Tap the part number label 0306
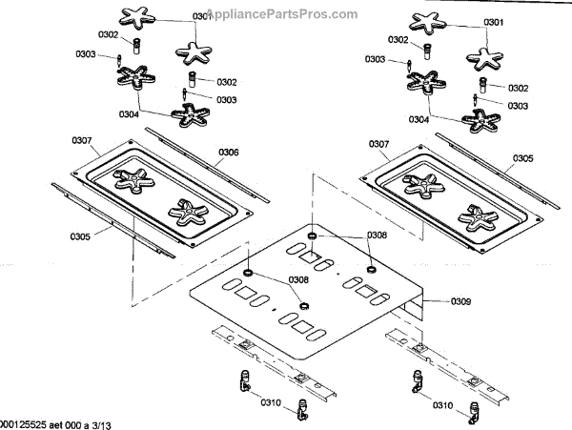pos(229,153)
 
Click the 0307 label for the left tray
pos(83,141)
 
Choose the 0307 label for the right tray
pos(378,146)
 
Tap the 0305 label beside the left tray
pos(81,236)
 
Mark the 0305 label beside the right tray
pos(523,158)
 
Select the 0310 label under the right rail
pos(443,405)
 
